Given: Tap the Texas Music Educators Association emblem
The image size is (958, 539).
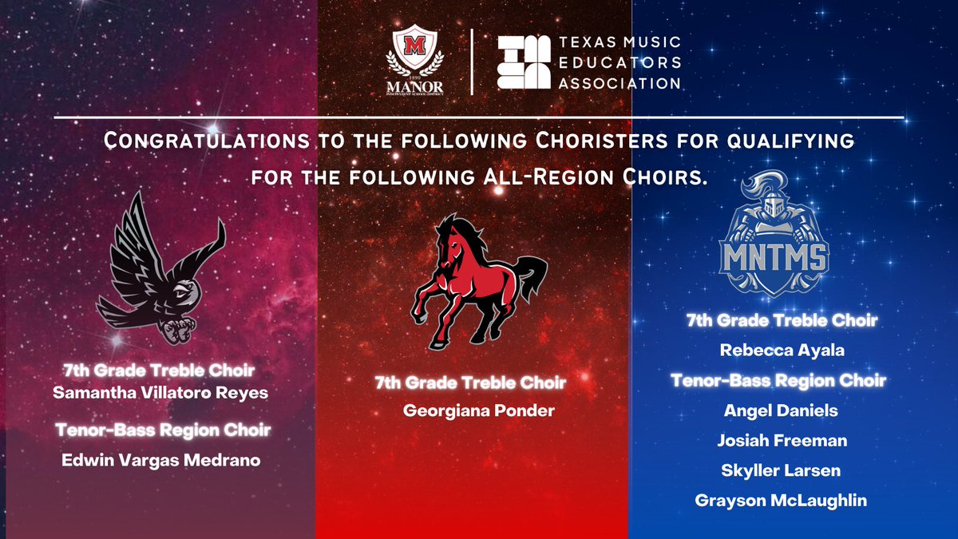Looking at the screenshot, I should click(523, 61).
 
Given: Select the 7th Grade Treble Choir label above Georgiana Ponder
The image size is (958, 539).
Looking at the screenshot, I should click(470, 383).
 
